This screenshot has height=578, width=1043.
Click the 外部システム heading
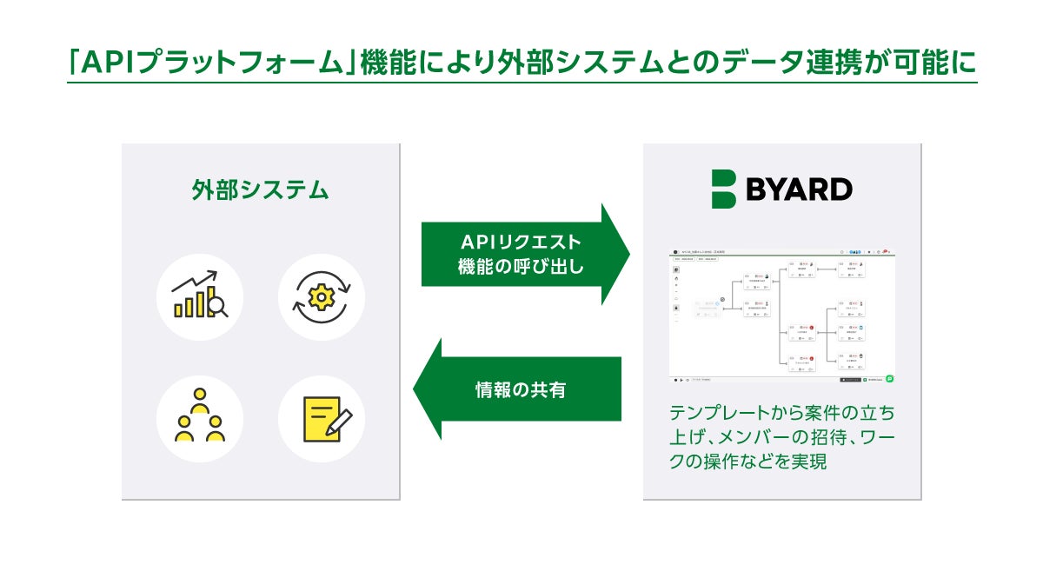pyautogui.click(x=260, y=190)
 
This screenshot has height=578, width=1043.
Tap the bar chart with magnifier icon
pyautogui.click(x=200, y=296)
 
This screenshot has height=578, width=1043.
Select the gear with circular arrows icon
pyautogui.click(x=321, y=296)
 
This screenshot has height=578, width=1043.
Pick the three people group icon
pyautogui.click(x=200, y=417)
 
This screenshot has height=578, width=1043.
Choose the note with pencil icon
pyautogui.click(x=321, y=418)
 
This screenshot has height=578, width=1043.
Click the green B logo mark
pyautogui.click(x=723, y=189)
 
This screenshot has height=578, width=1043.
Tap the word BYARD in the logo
pyautogui.click(x=799, y=189)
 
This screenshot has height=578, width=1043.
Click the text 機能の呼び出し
pyautogui.click(x=521, y=268)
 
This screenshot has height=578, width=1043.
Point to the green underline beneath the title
pyautogui.click(x=521, y=83)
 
